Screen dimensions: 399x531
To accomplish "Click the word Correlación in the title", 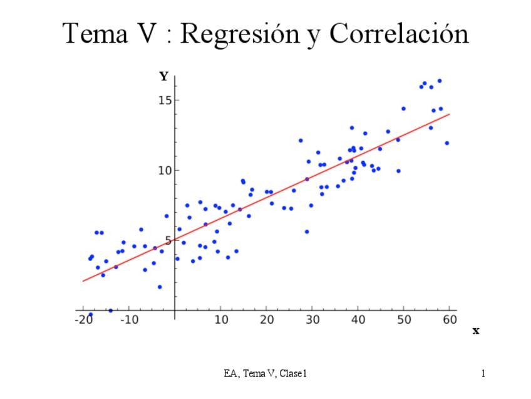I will pos(398,34).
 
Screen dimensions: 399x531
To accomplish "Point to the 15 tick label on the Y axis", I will pos(163,100).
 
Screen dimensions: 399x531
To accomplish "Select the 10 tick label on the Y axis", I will pos(163,171).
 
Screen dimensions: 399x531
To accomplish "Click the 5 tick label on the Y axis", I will pos(167,240).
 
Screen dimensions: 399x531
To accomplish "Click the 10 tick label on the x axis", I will pos(221,320).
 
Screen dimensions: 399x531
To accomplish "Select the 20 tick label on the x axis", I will pos(267,320).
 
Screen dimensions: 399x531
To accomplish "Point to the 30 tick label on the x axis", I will pos(312,320).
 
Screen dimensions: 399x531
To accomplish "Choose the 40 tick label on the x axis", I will pos(358,320).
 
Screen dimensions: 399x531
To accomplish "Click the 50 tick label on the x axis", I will pos(404,320).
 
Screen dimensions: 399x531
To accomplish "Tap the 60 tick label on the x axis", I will pos(449,320).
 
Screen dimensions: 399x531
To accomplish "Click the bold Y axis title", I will pos(163,77).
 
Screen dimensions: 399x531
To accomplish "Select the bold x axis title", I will pos(476,331).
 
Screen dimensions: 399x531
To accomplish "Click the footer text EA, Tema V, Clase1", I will pos(265,374).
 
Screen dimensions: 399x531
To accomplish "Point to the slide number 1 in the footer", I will pos(483,374).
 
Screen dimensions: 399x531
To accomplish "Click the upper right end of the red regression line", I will pos(450,114).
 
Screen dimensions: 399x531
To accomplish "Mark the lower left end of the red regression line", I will pos(83,280).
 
